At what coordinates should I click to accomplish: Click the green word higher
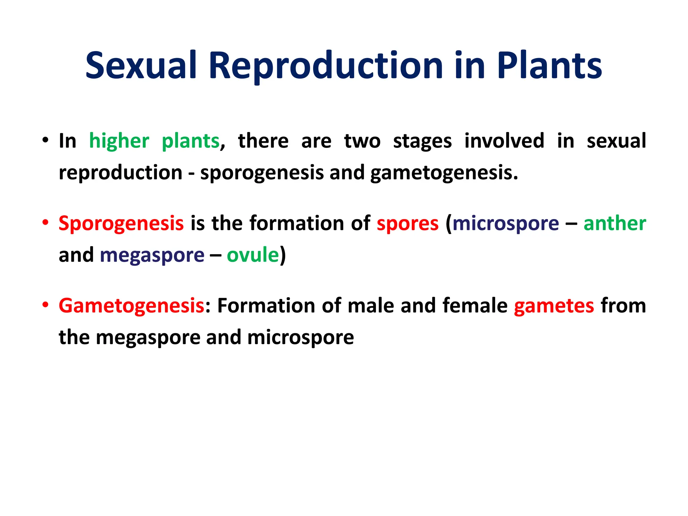pyautogui.click(x=119, y=141)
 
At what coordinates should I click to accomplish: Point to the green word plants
pyautogui.click(x=190, y=141)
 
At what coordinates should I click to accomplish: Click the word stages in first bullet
pyautogui.click(x=422, y=141)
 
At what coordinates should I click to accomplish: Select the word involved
pyautogui.click(x=504, y=141)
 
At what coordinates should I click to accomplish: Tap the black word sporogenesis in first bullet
pyautogui.click(x=262, y=173)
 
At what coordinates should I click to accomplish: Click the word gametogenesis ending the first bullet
pyautogui.click(x=443, y=173)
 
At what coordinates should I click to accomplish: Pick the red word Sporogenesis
pyautogui.click(x=121, y=224)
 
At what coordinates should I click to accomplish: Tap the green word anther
pyautogui.click(x=614, y=223)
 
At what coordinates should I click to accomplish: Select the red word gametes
pyautogui.click(x=554, y=306)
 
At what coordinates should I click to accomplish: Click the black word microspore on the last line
pyautogui.click(x=300, y=338)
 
